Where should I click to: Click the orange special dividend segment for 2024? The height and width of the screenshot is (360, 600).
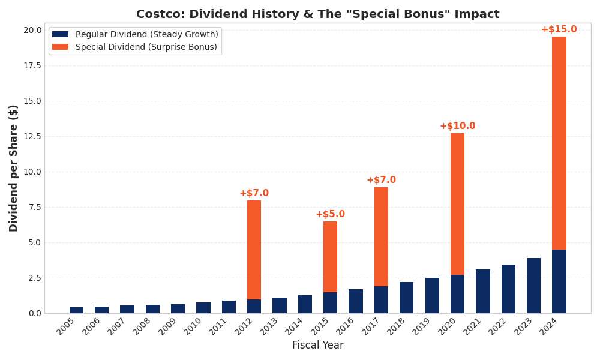point(559,143)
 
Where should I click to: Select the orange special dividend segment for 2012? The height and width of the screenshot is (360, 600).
point(254,250)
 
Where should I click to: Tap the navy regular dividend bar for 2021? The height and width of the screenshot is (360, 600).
point(482,291)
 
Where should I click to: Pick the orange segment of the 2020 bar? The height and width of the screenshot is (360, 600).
point(457,204)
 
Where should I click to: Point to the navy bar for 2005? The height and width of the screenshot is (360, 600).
point(76,310)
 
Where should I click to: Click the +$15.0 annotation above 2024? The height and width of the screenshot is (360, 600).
point(559,29)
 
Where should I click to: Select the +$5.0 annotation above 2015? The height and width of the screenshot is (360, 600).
point(330,214)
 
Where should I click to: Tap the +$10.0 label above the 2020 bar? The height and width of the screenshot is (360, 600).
point(457,126)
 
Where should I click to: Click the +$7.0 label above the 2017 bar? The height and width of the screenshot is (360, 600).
point(381,180)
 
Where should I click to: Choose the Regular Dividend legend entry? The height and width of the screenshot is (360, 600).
point(146,35)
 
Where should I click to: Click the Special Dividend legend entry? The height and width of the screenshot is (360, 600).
point(146,47)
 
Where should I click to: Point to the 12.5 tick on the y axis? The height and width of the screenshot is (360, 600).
point(33,136)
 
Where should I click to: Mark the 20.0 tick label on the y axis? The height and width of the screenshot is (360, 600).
point(33,30)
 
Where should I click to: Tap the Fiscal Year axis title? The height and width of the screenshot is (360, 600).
point(317,346)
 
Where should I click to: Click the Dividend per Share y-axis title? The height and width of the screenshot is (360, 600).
point(14,168)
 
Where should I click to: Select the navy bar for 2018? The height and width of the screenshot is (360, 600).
point(406,298)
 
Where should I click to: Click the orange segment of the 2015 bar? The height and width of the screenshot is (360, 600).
point(330,257)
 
